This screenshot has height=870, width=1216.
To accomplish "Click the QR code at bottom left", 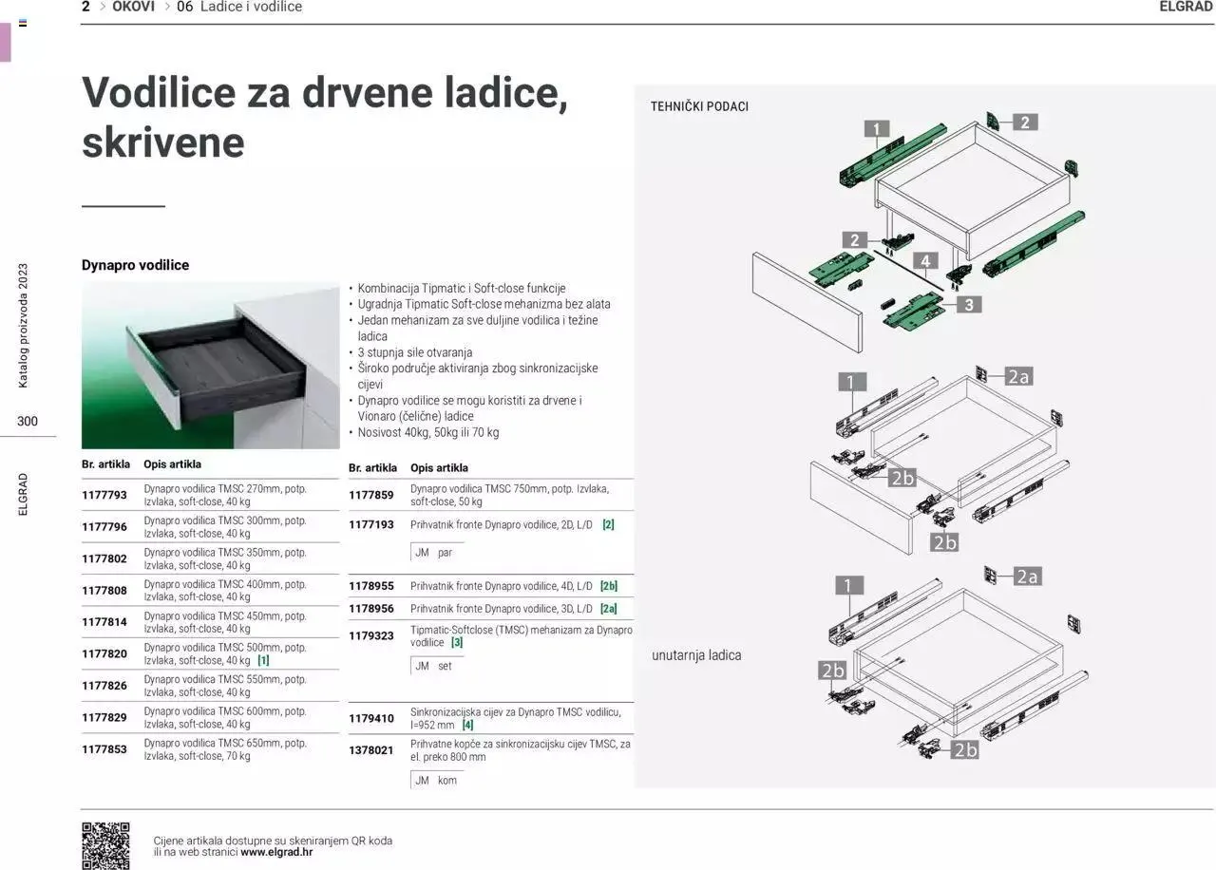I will click(105, 845).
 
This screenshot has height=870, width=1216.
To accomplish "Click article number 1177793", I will click(104, 496).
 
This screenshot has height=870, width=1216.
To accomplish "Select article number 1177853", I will click(104, 749).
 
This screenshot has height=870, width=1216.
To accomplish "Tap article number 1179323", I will click(371, 635).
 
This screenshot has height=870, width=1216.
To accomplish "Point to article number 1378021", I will click(371, 750).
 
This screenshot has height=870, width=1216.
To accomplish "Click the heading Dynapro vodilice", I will click(135, 265).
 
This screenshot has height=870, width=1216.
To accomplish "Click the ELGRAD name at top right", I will click(1187, 7).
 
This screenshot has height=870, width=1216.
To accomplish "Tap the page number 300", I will click(28, 421).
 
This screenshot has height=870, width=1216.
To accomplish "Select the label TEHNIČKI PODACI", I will click(699, 106).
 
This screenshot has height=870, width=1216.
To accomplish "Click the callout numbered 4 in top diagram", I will click(924, 260).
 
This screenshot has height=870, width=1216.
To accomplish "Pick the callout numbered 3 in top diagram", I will click(968, 305).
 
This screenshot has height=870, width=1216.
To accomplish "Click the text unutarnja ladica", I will click(696, 655).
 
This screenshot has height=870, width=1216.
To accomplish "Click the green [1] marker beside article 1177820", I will click(263, 660).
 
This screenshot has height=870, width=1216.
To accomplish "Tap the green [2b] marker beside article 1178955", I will click(608, 586).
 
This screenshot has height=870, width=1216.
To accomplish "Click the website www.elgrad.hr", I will click(276, 852).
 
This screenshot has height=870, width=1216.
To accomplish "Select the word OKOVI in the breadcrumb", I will click(133, 7).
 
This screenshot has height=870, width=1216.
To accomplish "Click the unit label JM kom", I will click(436, 780).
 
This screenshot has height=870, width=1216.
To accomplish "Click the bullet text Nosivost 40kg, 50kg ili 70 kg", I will click(427, 432).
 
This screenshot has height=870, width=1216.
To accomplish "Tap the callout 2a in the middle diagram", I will click(1018, 377).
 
